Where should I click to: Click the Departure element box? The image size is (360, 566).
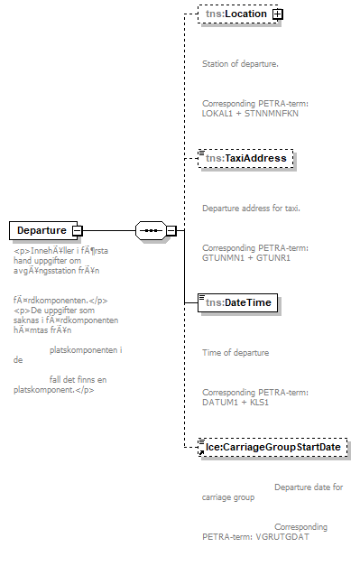(42, 230)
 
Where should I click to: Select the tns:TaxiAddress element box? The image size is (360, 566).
(245, 158)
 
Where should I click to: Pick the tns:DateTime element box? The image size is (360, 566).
(236, 302)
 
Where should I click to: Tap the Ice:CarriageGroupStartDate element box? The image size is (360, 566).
(273, 447)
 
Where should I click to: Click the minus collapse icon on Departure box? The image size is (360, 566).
(78, 230)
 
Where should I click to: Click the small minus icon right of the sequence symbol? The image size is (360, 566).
(171, 230)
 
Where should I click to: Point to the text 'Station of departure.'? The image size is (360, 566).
(240, 64)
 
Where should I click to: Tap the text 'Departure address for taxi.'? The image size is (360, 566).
(251, 209)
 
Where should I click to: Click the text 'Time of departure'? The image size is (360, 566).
(235, 353)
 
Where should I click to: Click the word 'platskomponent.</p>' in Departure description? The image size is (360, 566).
(55, 390)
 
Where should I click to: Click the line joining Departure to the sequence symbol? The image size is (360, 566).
(108, 230)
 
